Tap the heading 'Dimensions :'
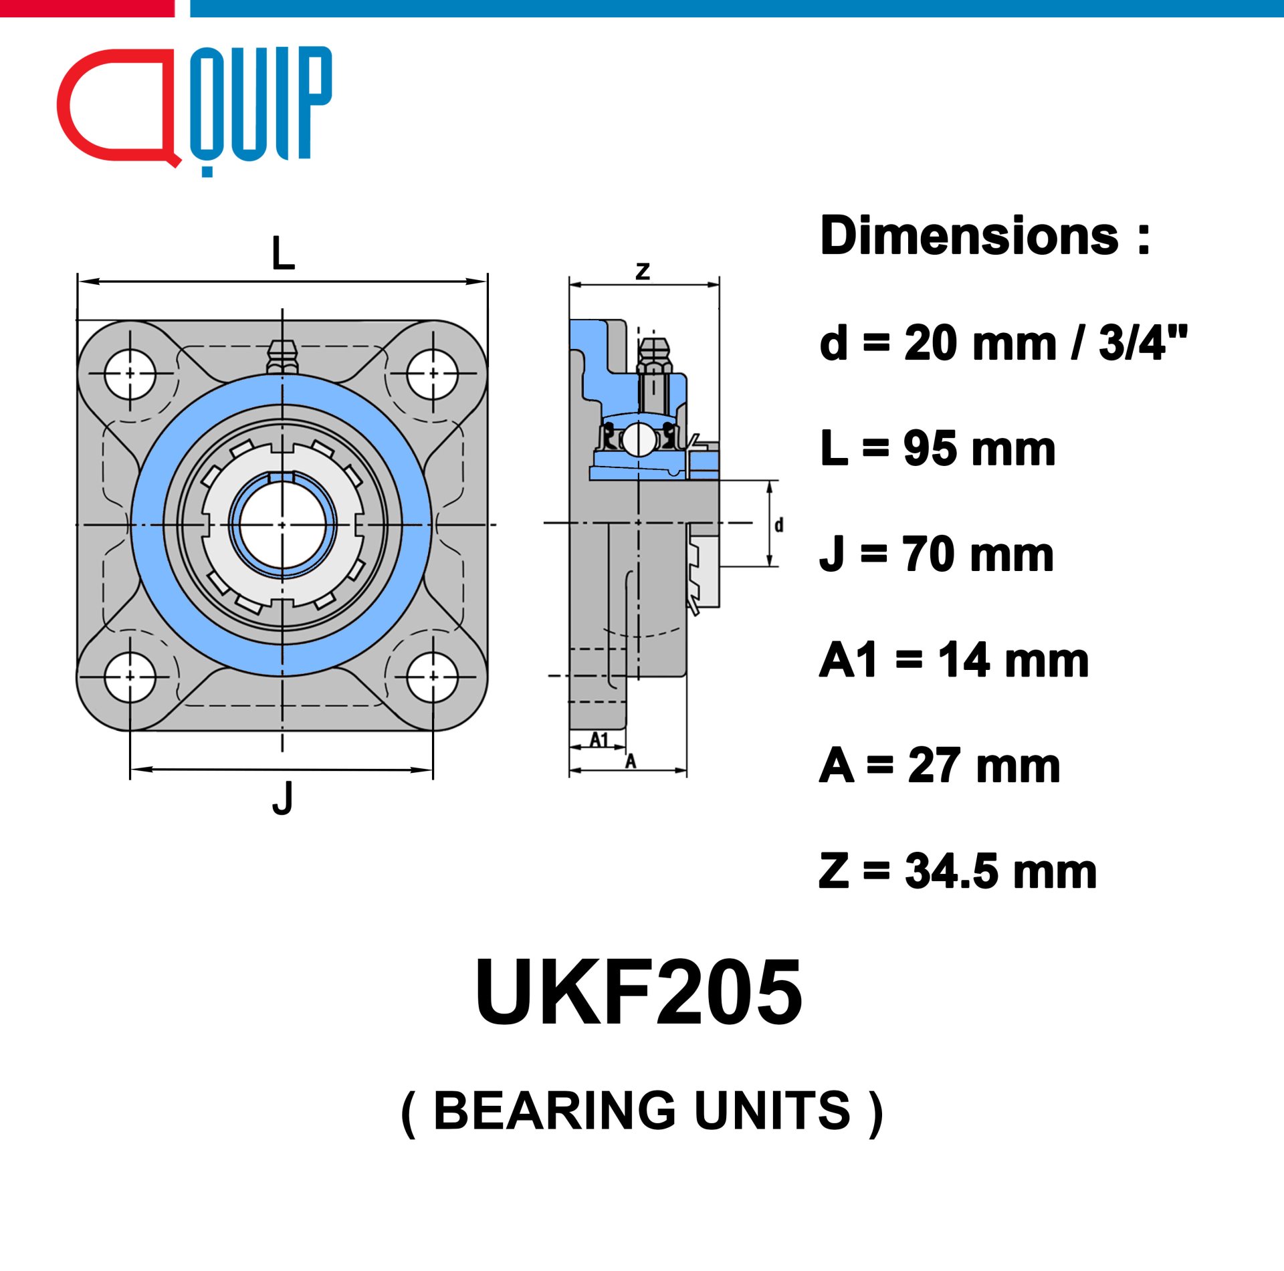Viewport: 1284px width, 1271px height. tap(985, 236)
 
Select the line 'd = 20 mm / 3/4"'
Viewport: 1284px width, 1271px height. tap(1004, 342)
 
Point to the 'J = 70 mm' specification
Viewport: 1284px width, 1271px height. tap(937, 554)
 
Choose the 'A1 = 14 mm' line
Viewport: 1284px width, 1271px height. tap(954, 660)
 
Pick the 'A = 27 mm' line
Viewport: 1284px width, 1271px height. tap(940, 766)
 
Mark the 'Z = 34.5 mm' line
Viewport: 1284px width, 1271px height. tap(958, 871)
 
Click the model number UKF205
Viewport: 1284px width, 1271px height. tap(639, 992)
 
